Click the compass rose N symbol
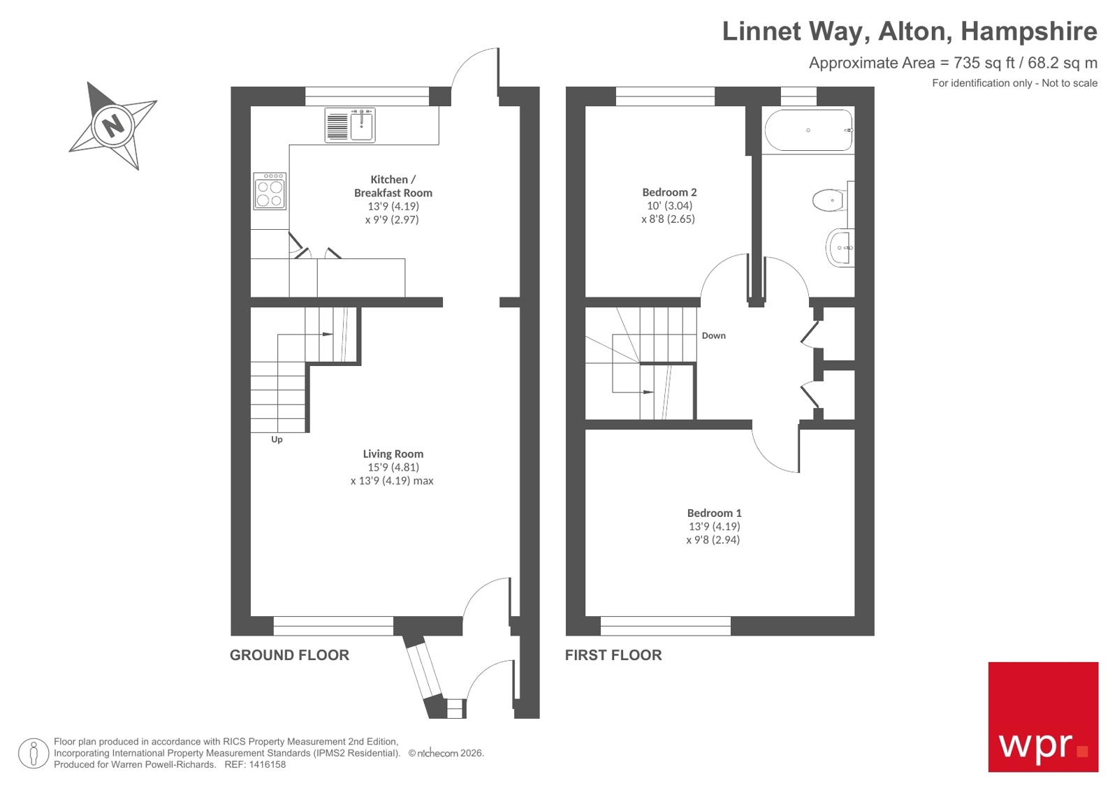tap(112, 126)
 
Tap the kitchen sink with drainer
tap(350, 126)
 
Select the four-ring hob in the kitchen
tap(270, 191)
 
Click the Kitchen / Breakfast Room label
tap(393, 186)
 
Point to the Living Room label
tap(393, 454)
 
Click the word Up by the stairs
tap(277, 439)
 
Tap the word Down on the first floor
tap(713, 336)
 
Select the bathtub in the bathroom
tap(808, 131)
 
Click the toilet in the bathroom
tap(829, 200)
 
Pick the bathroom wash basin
tap(839, 247)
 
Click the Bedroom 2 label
tap(669, 192)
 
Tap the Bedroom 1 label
tap(714, 513)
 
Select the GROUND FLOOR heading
tap(289, 655)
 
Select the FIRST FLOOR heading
tap(613, 655)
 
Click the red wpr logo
tap(1042, 717)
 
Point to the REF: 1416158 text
tap(254, 765)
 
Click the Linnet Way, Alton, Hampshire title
tap(909, 31)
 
